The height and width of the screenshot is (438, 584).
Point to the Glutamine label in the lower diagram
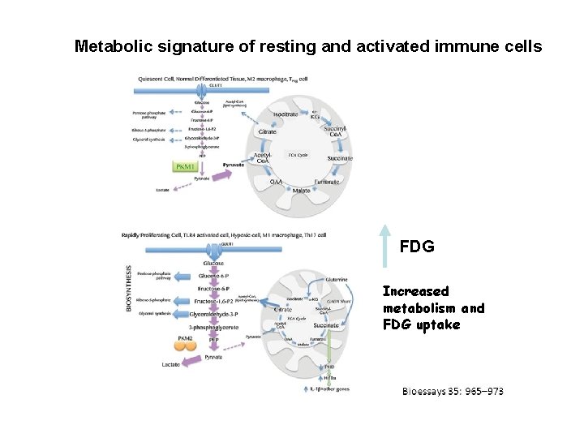pyautogui.click(x=337, y=280)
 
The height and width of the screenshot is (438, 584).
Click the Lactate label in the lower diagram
pyautogui.click(x=172, y=365)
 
